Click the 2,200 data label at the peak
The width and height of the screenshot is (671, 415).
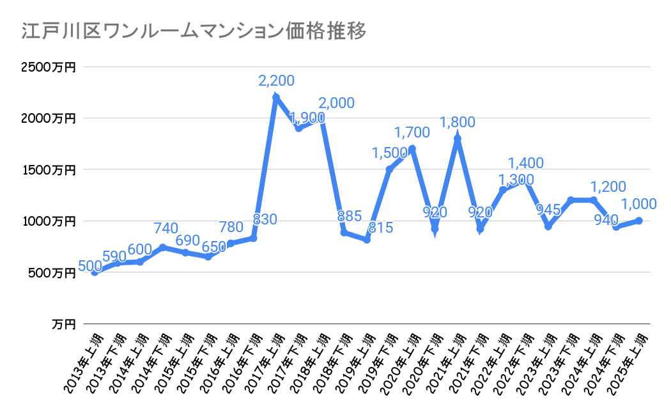[x=276, y=81]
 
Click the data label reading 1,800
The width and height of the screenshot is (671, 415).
[x=458, y=121]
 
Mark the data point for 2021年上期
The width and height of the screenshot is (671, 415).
[x=458, y=139]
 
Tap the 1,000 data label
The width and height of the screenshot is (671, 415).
[x=639, y=204]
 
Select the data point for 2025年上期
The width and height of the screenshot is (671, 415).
[x=639, y=221]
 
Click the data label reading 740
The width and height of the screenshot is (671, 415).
[x=165, y=230]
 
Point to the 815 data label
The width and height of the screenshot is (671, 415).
[x=380, y=227]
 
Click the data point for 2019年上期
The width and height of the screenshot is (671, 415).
[x=367, y=240]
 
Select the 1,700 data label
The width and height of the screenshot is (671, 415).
[x=412, y=132]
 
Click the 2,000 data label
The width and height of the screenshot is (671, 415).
[x=336, y=103]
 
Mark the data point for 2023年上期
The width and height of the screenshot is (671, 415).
[x=548, y=226]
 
